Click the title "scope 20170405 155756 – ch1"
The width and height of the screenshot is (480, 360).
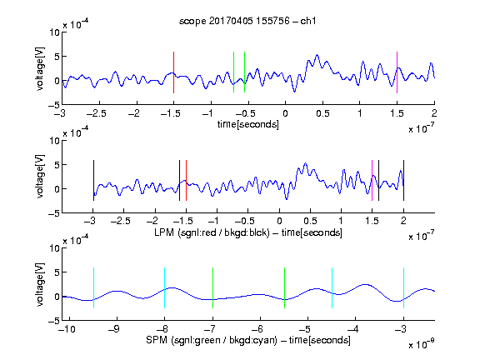[x=247, y=21]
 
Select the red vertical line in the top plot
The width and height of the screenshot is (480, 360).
[x=173, y=72]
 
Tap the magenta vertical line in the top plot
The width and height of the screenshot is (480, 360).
[x=397, y=72]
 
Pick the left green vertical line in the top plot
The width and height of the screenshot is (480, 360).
[x=233, y=72]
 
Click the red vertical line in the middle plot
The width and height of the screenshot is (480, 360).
[x=186, y=180]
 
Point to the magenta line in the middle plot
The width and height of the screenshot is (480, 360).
[x=372, y=180]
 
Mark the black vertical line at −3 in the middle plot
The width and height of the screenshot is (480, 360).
[x=93, y=180]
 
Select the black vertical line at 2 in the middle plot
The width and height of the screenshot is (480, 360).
[x=403, y=180]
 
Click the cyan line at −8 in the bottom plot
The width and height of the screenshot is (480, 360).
[x=165, y=287]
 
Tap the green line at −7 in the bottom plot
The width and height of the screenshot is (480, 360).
[x=212, y=287]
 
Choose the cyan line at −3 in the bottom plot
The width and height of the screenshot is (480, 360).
[x=403, y=287]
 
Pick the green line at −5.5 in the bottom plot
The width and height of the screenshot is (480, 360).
[x=284, y=287]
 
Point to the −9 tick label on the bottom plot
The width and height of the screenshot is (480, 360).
[x=114, y=329]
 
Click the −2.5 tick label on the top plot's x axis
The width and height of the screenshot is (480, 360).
[x=97, y=113]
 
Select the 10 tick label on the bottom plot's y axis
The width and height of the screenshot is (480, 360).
[x=55, y=248]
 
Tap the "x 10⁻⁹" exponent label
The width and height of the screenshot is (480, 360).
[x=421, y=344]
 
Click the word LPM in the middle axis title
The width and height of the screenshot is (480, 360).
[x=164, y=232]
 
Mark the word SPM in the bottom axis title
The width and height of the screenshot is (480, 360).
[x=157, y=340]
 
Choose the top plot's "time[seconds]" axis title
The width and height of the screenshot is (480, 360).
[x=248, y=124]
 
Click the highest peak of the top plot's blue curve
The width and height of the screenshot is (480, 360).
[x=317, y=55]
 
